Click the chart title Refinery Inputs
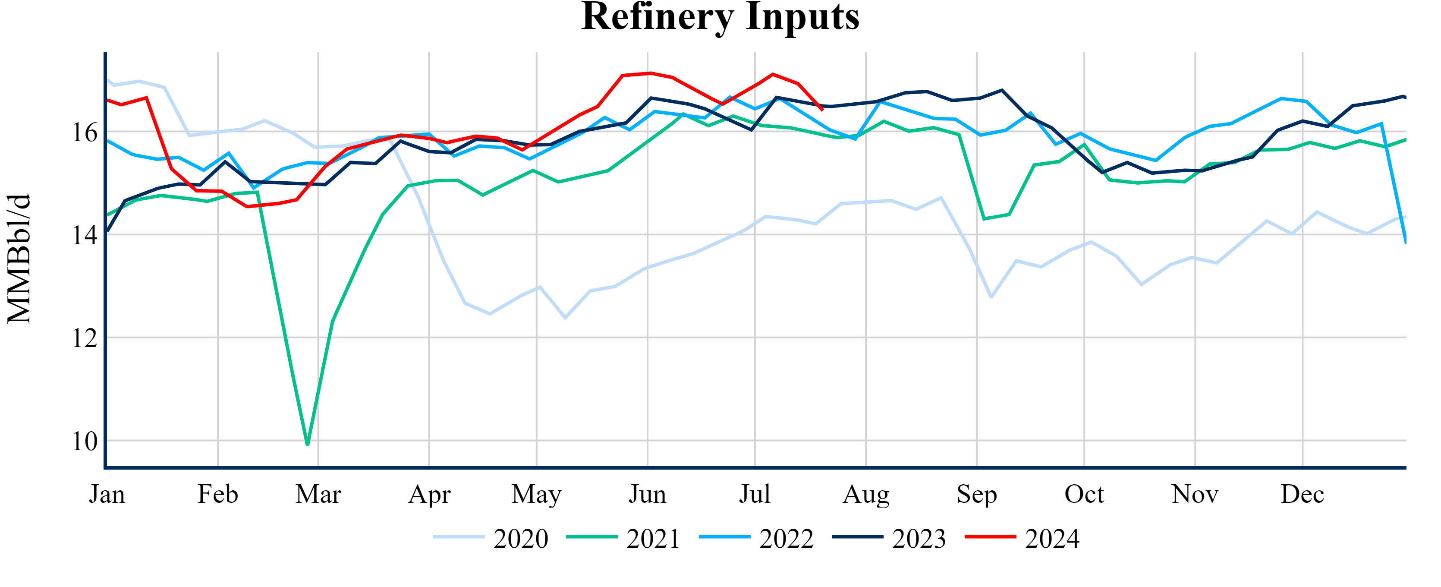point(720,17)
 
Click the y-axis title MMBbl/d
point(19,259)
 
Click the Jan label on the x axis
point(107,495)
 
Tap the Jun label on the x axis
point(647,495)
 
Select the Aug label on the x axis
point(865,495)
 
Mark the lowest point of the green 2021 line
point(308,444)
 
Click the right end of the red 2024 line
point(822,110)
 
